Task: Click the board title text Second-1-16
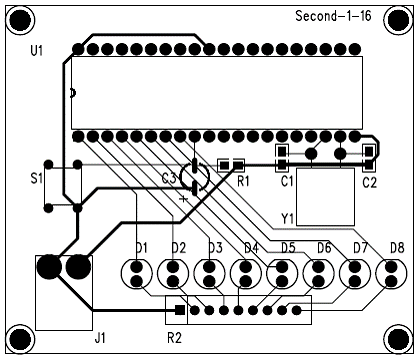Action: [x=333, y=16]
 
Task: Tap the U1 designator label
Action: [x=37, y=51]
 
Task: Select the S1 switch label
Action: [x=37, y=178]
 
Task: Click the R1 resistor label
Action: [x=243, y=181]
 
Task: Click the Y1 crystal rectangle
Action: [x=325, y=197]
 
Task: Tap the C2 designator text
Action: [x=370, y=183]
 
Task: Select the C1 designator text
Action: [x=287, y=181]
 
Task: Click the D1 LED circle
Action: [x=137, y=273]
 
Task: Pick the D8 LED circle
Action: [x=391, y=273]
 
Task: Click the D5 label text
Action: [x=288, y=248]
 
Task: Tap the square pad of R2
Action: [x=180, y=310]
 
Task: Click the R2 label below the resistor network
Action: [x=174, y=338]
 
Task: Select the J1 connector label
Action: [x=100, y=338]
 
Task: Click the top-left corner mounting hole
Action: [x=20, y=20]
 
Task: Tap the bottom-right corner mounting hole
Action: [x=399, y=339]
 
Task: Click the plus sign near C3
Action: [x=184, y=199]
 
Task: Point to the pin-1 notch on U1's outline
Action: [x=74, y=93]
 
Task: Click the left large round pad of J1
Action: [x=49, y=267]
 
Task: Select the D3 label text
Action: [x=215, y=248]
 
